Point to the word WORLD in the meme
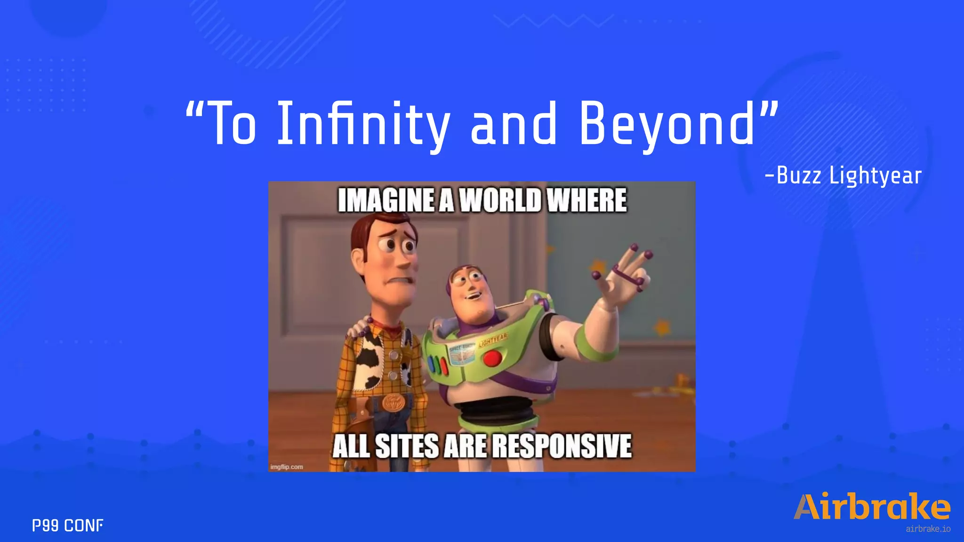coord(500,200)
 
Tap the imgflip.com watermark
coord(287,467)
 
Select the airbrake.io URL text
coord(928,529)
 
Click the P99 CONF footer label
coord(68,525)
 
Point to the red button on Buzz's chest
coord(492,359)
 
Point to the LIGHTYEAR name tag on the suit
coord(493,340)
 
